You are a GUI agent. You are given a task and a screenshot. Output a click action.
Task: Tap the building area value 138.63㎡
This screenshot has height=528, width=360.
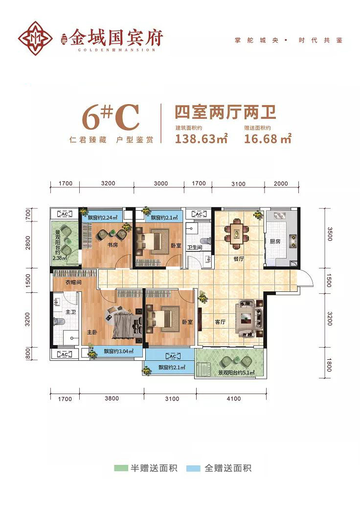tap(201, 139)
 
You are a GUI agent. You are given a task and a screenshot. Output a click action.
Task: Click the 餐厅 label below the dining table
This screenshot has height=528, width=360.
tap(238, 259)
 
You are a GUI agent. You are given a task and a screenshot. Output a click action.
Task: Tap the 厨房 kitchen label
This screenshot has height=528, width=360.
tap(274, 242)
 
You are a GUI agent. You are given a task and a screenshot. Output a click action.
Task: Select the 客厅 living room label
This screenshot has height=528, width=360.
tap(220, 322)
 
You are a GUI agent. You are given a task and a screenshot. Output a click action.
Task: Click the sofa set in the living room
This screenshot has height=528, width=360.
tap(249, 318)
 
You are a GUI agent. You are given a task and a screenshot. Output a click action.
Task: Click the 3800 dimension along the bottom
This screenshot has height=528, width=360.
tap(112, 399)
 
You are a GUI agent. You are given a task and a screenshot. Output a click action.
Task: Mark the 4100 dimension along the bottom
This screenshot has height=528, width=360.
tap(233, 399)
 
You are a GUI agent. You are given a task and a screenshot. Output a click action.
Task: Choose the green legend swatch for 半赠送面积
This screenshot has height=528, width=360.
tap(120, 468)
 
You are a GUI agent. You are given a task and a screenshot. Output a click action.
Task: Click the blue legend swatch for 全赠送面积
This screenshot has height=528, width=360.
tap(194, 468)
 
